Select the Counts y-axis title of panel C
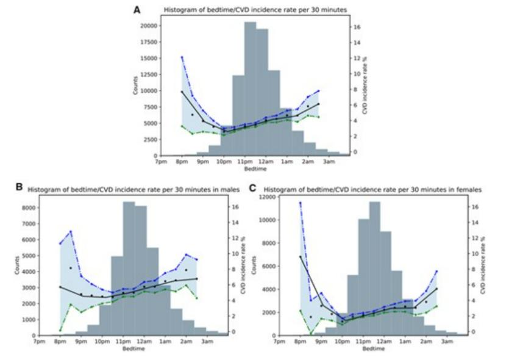coord(253,265)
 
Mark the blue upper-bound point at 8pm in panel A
coord(182,57)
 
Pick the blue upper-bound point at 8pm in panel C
coord(300,203)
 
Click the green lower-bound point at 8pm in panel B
coord(60,329)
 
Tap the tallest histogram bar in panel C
coord(374,268)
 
